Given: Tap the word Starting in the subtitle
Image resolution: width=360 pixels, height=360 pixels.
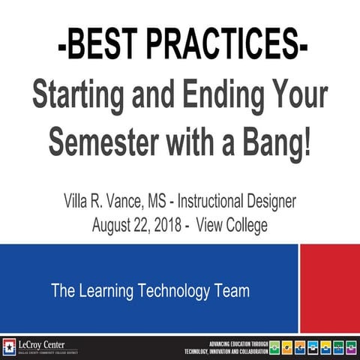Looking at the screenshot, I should coord(83,97).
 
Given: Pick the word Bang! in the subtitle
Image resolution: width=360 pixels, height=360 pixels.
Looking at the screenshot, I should coord(277,141).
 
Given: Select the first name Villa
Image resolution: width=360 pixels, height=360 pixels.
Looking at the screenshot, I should coord(78,201).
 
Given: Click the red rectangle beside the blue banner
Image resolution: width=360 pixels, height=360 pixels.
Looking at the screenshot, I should coord(329,288).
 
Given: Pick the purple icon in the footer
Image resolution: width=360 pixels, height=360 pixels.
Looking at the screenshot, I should coord(350,346).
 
